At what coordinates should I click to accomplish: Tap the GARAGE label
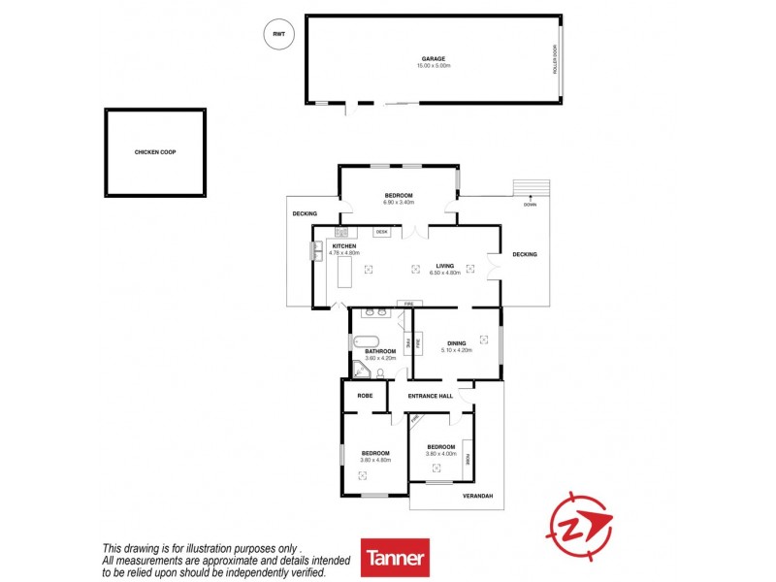[x=433, y=58]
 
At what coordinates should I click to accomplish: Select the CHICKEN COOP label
[x=155, y=152]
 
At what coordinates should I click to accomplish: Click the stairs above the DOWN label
[x=530, y=187]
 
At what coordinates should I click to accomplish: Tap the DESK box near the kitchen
[x=381, y=232]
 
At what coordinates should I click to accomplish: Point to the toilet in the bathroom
[x=381, y=372]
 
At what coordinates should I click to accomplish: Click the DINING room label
[x=457, y=342]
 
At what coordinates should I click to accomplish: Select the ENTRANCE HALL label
[x=431, y=396]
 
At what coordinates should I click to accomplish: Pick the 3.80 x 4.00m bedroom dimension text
[x=440, y=454]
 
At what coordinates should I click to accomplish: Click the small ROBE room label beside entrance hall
[x=366, y=396]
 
